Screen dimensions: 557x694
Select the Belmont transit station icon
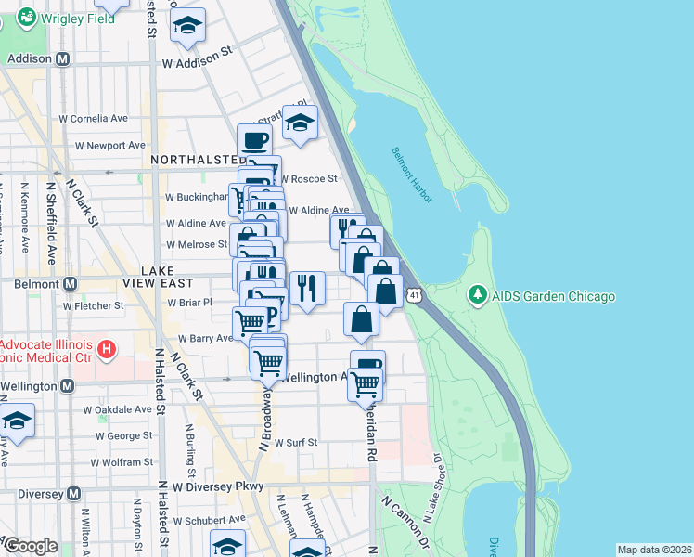69,283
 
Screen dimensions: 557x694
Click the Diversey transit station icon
76,494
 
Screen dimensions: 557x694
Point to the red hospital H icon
107,351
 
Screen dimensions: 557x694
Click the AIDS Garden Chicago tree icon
477,295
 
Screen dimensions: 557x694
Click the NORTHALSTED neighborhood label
194,160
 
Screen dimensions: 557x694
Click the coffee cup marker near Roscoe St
256,142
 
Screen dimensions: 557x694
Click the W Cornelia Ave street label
93,119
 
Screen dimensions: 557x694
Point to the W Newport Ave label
110,146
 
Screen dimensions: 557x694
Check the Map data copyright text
653,550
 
